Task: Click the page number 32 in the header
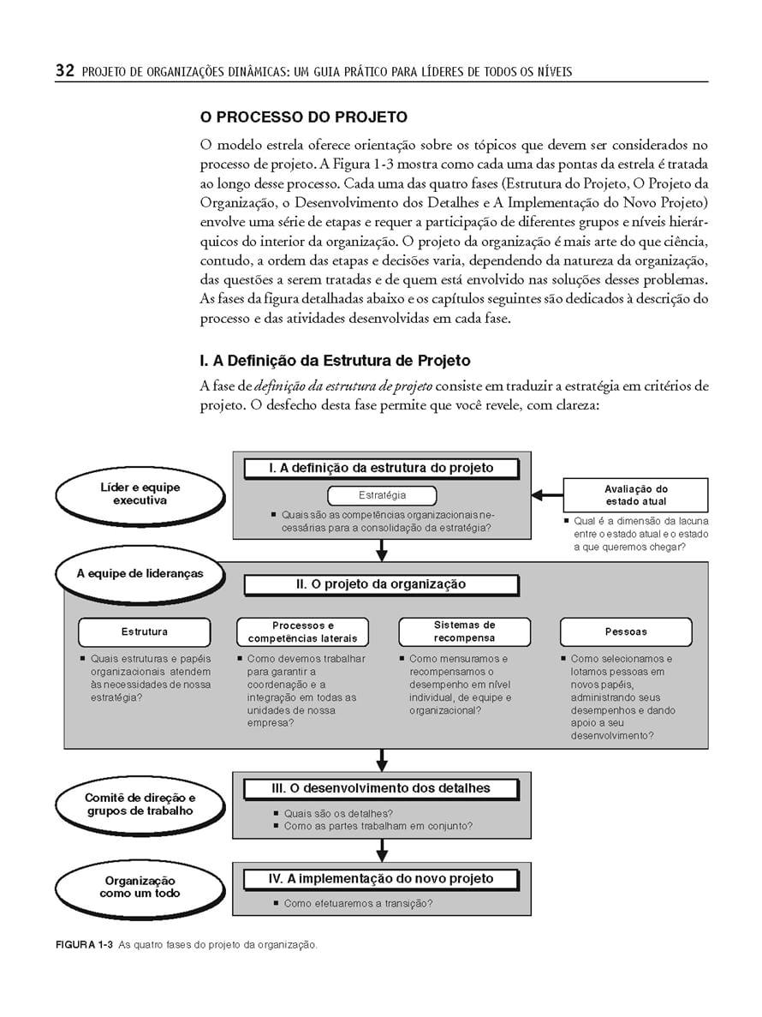click(x=64, y=71)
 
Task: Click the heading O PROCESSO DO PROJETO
click(x=303, y=117)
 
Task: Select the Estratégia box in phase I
click(x=382, y=495)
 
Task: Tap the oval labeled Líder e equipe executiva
click(x=140, y=494)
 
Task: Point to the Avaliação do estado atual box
click(x=635, y=495)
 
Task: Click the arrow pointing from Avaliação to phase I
click(x=546, y=495)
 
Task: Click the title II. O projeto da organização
click(x=381, y=584)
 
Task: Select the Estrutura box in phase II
click(x=144, y=632)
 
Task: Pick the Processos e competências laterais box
click(x=302, y=632)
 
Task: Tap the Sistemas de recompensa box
click(x=464, y=631)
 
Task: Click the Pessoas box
click(x=626, y=632)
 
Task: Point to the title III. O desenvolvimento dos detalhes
click(x=381, y=788)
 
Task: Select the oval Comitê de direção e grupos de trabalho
click(x=140, y=805)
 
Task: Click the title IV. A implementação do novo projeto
click(x=381, y=878)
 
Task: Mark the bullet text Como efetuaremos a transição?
click(x=358, y=903)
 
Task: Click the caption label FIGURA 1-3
click(x=84, y=945)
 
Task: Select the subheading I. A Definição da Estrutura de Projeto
click(x=335, y=361)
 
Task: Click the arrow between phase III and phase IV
click(x=382, y=848)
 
